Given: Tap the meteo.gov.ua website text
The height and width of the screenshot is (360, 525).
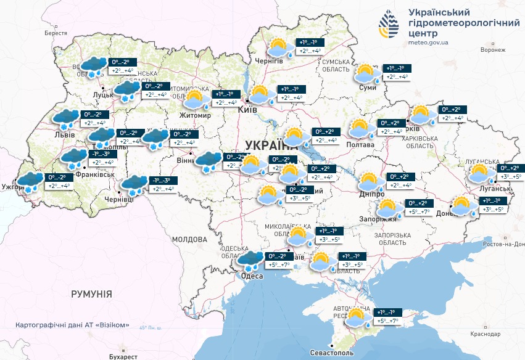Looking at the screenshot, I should (x=428, y=43).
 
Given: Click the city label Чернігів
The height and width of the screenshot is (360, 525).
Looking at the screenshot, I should (x=269, y=60).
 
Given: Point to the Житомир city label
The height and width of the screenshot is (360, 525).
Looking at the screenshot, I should (x=195, y=115).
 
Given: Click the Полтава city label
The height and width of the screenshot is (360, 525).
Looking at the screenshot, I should (x=361, y=145).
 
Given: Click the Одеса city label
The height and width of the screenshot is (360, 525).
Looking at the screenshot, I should (x=252, y=276).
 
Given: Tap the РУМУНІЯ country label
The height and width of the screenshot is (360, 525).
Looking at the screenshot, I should (x=91, y=294).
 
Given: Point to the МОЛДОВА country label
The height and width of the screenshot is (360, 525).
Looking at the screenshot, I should (x=189, y=239).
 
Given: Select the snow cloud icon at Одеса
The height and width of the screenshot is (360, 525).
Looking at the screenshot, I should (x=250, y=261).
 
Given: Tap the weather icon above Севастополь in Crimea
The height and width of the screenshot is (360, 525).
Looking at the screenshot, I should (x=357, y=317).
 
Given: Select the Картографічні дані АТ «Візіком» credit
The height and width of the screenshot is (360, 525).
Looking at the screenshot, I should (x=72, y=325).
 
